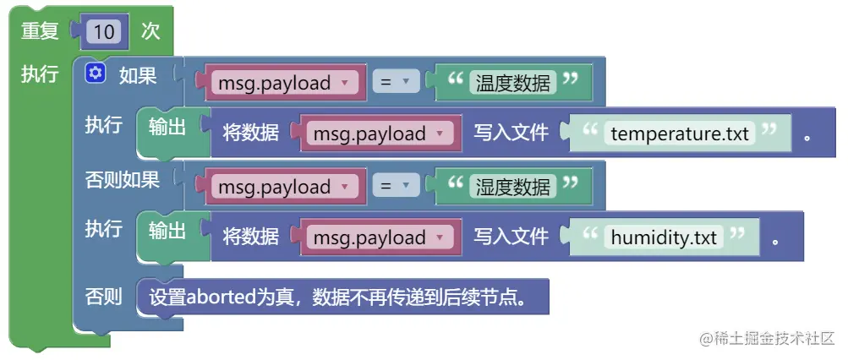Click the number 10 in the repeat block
104,32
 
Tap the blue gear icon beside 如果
95,74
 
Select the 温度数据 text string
513,82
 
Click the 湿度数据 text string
513,186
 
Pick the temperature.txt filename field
680,134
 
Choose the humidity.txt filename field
664,237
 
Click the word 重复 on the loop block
40,31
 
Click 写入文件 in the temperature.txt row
511,134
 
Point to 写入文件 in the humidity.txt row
511,237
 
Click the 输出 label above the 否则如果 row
167,126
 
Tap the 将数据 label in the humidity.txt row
250,237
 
